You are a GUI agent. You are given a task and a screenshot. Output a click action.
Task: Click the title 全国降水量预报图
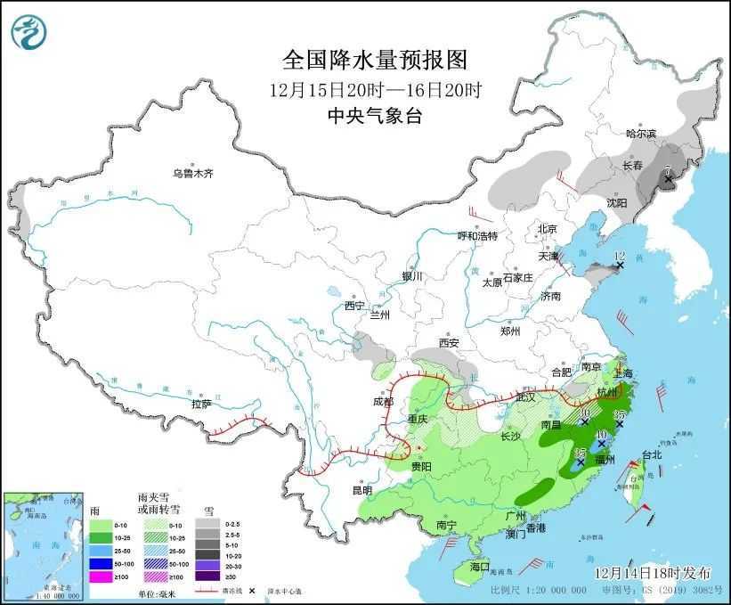pos(374,60)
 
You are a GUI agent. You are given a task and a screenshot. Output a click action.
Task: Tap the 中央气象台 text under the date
pos(374,115)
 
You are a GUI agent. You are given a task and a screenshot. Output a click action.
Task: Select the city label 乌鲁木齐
pos(193,173)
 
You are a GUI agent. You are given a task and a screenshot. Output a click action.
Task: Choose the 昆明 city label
pos(361,490)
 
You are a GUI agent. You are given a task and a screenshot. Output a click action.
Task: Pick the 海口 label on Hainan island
pos(480,567)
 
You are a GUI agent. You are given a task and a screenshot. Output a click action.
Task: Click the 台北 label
pos(652,454)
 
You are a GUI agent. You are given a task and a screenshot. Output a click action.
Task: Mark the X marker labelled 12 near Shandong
pos(620,266)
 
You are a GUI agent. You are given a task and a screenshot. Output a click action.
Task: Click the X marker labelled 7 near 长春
pos(668,180)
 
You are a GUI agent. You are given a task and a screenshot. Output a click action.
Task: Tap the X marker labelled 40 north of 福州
pos(602,443)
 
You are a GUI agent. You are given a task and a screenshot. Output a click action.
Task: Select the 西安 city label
pos(448,343)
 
